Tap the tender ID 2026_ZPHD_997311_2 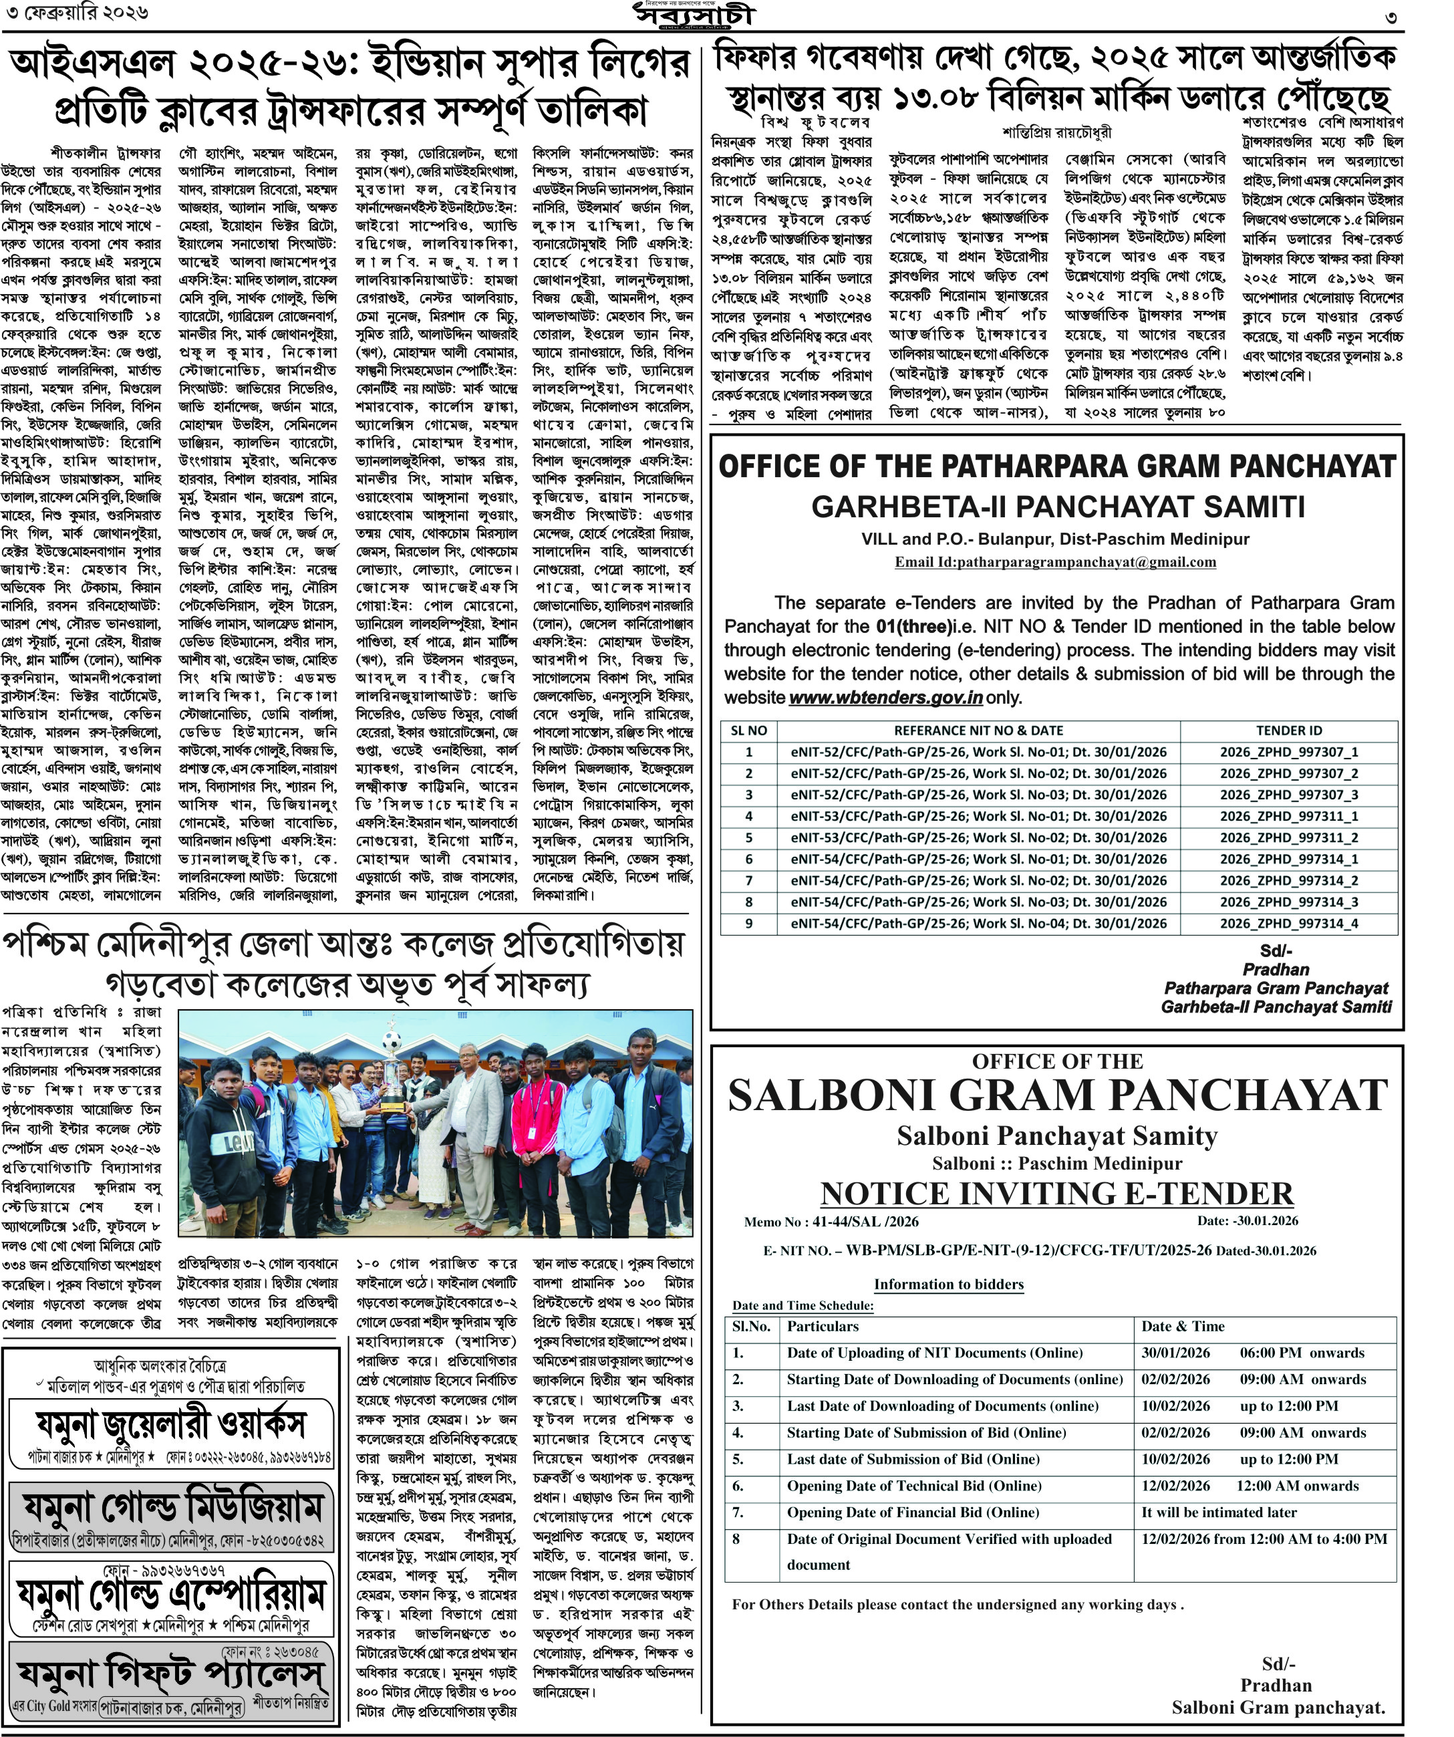(1288, 837)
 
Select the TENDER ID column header (1288, 730)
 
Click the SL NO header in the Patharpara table (748, 730)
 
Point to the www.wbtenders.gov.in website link (885, 697)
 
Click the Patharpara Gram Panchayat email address (1055, 563)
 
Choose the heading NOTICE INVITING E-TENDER (1056, 1194)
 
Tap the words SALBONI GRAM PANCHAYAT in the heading (1057, 1096)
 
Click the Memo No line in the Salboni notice (831, 1222)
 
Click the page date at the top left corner (76, 14)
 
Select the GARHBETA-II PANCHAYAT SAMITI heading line (1057, 506)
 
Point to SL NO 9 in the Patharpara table (748, 923)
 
